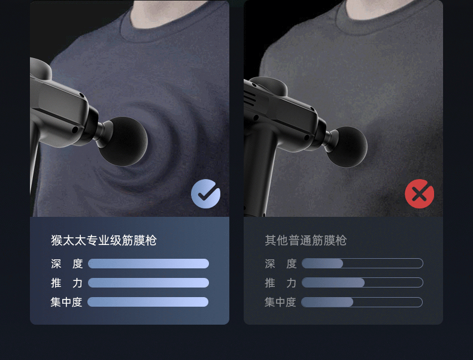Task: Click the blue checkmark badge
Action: tap(206, 194)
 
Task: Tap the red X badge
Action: tap(419, 193)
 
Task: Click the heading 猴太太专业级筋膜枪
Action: tap(104, 241)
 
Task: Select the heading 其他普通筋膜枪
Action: tap(305, 241)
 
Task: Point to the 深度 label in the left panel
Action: tap(66, 264)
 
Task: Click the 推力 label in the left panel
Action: tap(66, 283)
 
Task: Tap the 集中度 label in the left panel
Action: tap(66, 302)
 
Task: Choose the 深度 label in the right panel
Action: tap(280, 264)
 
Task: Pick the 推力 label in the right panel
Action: tap(280, 283)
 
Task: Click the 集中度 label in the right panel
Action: tap(280, 302)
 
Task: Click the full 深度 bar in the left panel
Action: tap(148, 264)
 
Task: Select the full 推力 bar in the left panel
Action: tap(148, 283)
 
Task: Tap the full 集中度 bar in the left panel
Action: tap(148, 302)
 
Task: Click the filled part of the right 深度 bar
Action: tap(322, 264)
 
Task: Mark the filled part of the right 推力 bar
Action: tap(333, 283)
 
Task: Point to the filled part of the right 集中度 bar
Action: tap(327, 302)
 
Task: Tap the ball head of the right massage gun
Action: tap(347, 147)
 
